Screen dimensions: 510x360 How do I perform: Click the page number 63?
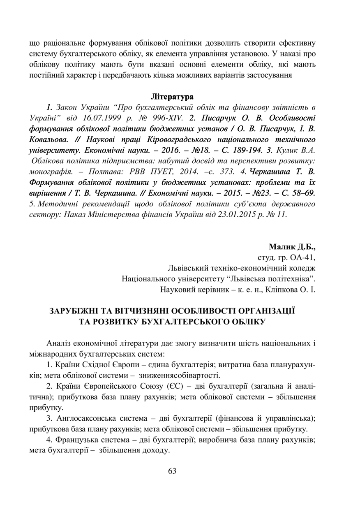tap(172, 471)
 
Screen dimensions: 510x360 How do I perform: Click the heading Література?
tap(172, 97)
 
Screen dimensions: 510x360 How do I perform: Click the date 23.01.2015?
tap(237, 214)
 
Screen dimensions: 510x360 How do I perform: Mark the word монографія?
tap(51, 171)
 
